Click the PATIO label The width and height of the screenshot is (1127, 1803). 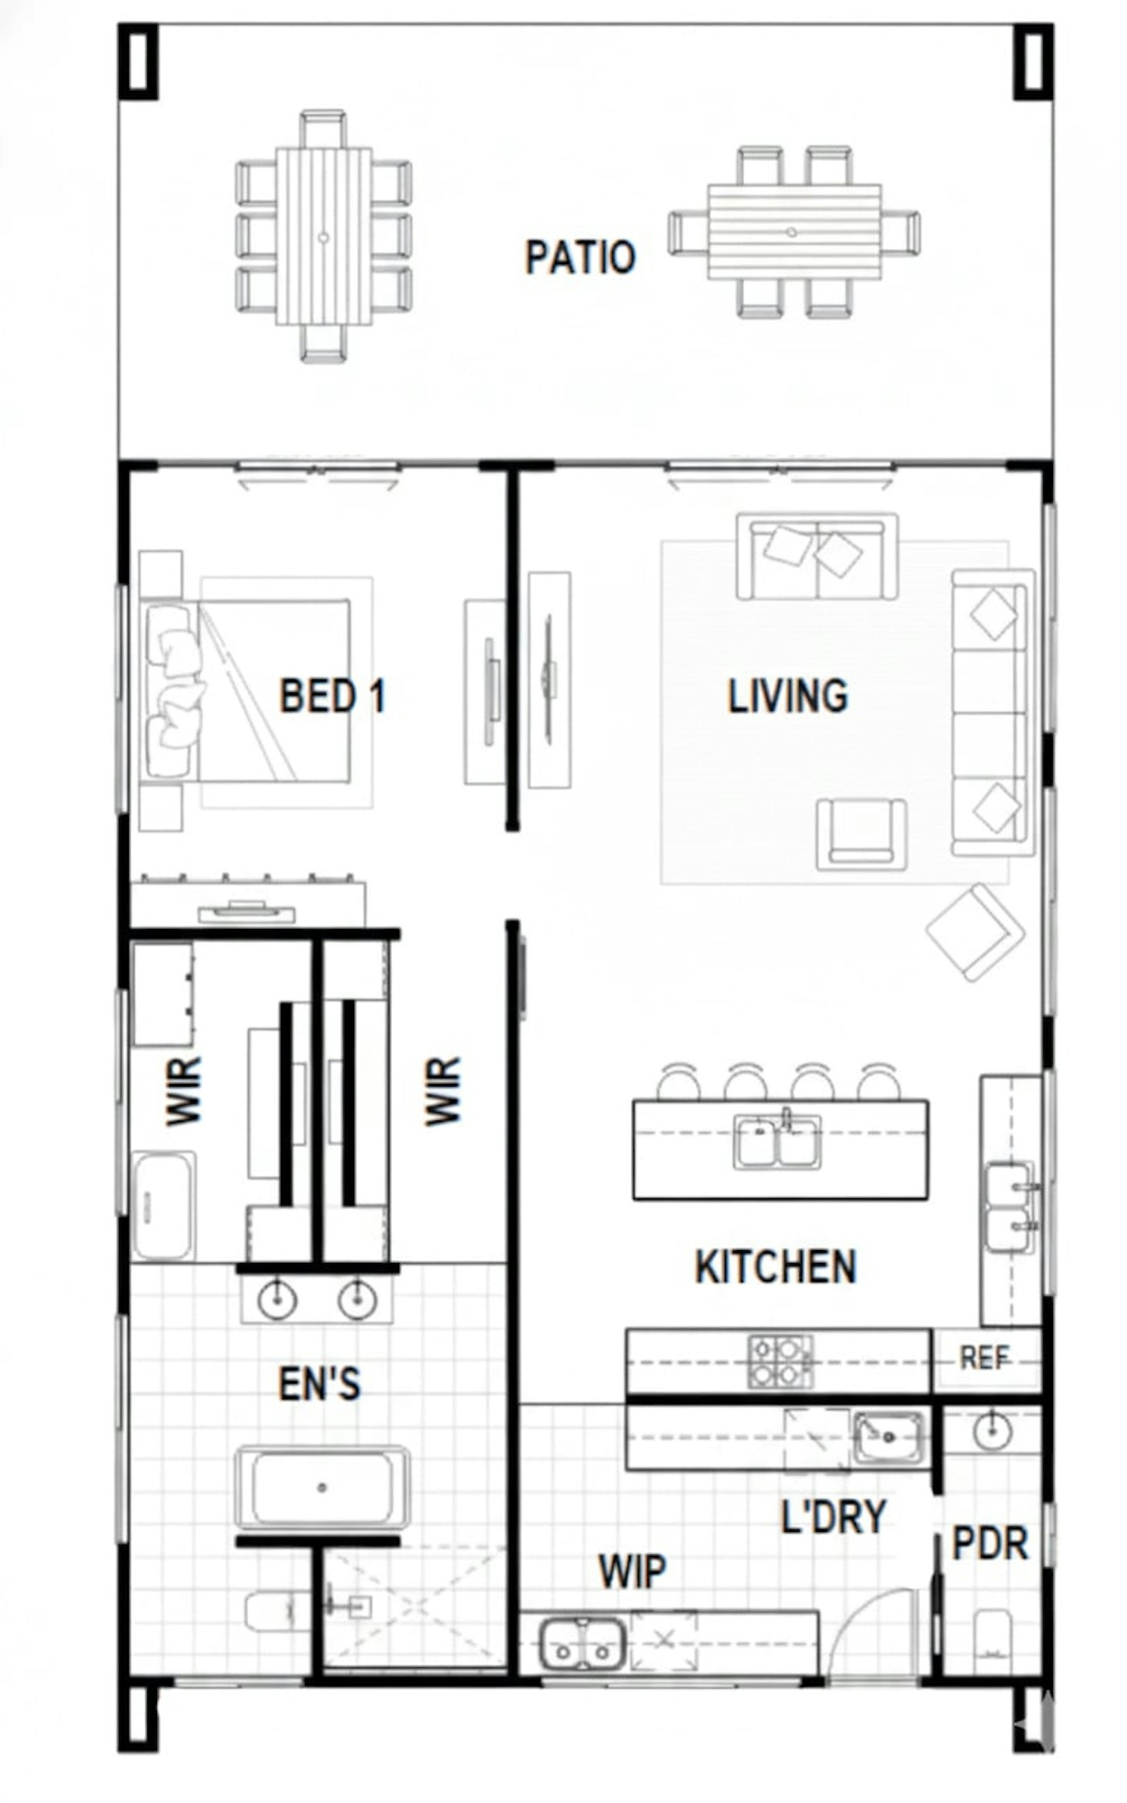pos(580,258)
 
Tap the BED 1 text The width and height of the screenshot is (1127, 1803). pos(332,695)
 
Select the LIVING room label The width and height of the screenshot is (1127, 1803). pos(788,696)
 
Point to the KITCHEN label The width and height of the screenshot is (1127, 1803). pos(776,1266)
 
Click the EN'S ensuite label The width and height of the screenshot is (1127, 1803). pos(320,1384)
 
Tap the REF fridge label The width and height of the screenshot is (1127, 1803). pos(985,1359)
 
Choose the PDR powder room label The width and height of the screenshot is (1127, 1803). pos(990,1543)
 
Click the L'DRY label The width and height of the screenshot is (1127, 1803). pos(834,1516)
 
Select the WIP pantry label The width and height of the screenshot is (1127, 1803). pos(633,1570)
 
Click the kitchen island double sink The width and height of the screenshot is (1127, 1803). pos(778,1141)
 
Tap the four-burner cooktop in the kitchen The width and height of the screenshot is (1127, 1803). pos(780,1362)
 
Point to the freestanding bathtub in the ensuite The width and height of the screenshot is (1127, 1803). pos(322,1487)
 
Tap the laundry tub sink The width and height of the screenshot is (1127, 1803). pos(889,1438)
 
